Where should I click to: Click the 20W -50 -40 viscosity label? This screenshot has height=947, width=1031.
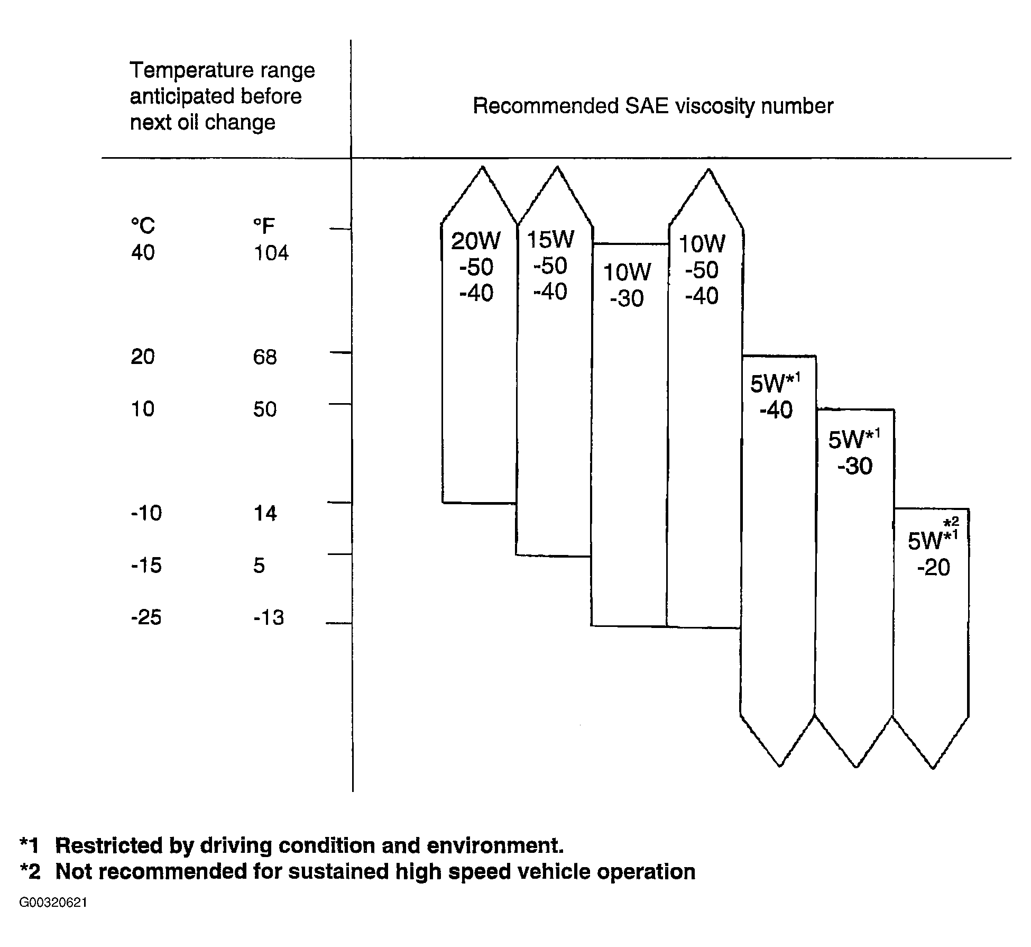pyautogui.click(x=476, y=267)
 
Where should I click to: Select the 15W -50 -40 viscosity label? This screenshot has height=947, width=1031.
pyautogui.click(x=550, y=266)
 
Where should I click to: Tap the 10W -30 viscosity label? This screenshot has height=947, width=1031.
pyautogui.click(x=627, y=285)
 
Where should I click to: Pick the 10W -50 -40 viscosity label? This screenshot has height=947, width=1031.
pyautogui.click(x=702, y=270)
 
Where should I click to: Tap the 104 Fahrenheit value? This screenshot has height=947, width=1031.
pyautogui.click(x=271, y=253)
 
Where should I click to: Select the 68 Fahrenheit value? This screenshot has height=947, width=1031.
pyautogui.click(x=265, y=357)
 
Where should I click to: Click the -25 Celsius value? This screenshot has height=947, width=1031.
pyautogui.click(x=146, y=617)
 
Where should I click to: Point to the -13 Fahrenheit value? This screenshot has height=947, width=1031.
pyautogui.click(x=269, y=617)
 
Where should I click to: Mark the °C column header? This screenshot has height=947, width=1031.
pyautogui.click(x=143, y=226)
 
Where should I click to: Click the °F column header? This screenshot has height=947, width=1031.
pyautogui.click(x=264, y=226)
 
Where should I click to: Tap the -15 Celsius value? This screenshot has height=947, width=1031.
pyautogui.click(x=146, y=566)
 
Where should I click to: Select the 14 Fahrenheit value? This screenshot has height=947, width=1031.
pyautogui.click(x=265, y=514)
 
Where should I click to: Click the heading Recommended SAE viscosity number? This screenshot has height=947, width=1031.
pyautogui.click(x=653, y=106)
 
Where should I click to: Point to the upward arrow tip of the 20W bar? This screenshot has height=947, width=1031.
pyautogui.click(x=482, y=167)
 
